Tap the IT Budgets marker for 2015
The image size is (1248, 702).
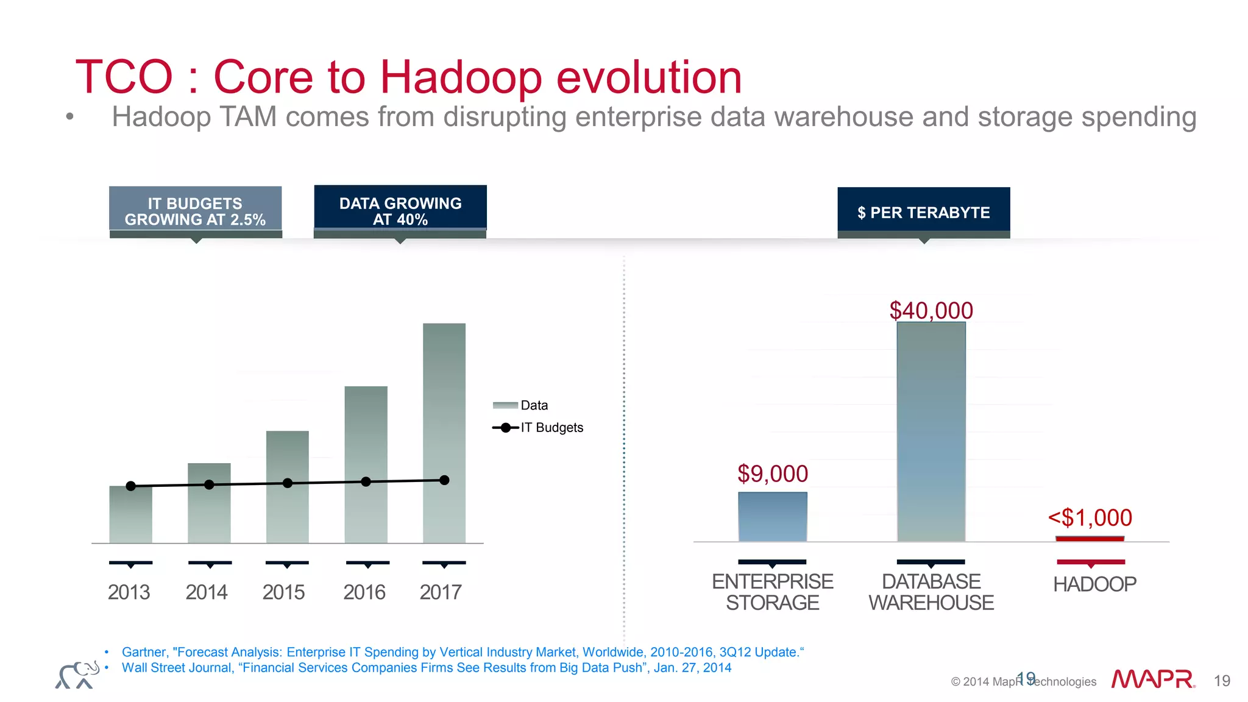[288, 483]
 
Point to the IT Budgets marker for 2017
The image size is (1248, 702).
[444, 480]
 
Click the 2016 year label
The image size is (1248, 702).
[364, 592]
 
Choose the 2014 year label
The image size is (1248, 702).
[207, 592]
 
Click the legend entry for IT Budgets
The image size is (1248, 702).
[539, 428]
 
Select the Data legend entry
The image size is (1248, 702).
[521, 406]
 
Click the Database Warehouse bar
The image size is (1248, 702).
[931, 431]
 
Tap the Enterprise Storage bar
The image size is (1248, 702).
[772, 517]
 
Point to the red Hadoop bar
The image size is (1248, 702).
[1090, 539]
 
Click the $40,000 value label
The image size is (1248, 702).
[931, 311]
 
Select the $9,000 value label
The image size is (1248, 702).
[772, 474]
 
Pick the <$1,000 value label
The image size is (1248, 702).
[1090, 518]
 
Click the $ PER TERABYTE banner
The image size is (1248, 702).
[923, 212]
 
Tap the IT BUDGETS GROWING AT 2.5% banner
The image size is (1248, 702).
[195, 211]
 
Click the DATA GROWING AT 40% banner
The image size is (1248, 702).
[400, 211]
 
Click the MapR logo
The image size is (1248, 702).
[1152, 679]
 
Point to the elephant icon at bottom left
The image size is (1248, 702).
[77, 675]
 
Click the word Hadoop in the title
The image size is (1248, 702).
[461, 77]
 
